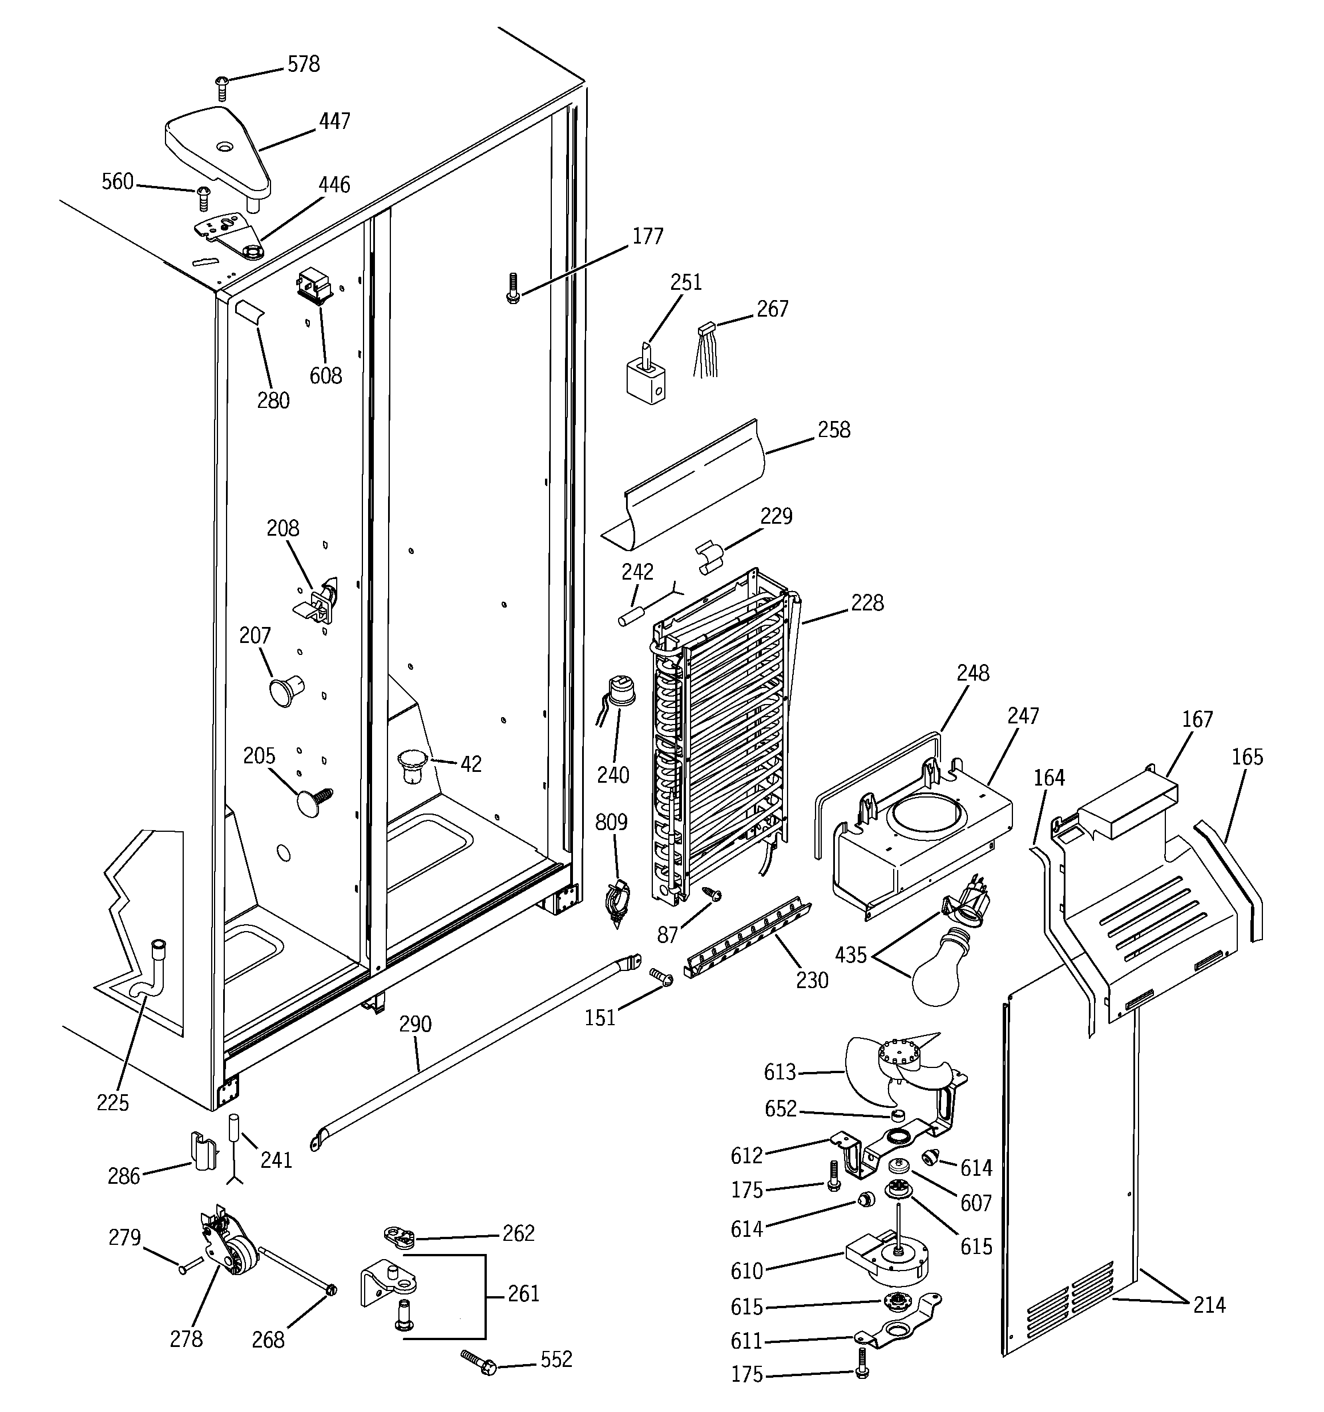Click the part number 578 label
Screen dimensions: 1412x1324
click(x=304, y=64)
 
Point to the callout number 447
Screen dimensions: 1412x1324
click(x=334, y=122)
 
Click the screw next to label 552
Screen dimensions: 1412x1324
click(x=481, y=1362)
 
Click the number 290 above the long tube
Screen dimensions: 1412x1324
click(x=415, y=1023)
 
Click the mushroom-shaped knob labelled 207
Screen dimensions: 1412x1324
click(x=284, y=690)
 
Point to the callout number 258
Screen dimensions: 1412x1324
click(x=834, y=430)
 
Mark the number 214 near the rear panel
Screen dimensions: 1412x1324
click(x=1209, y=1305)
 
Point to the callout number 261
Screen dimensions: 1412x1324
click(x=524, y=1293)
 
